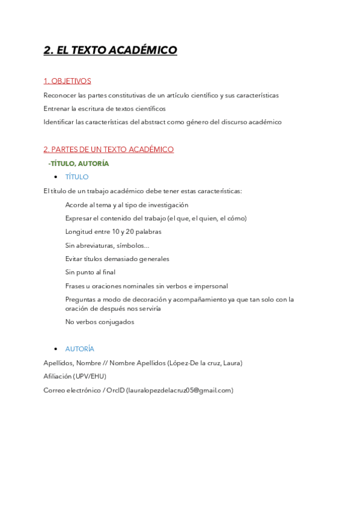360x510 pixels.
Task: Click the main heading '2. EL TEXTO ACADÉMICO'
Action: click(x=110, y=51)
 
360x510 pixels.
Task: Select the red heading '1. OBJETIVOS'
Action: click(x=67, y=81)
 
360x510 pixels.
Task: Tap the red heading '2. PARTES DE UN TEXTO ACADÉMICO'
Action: click(x=108, y=149)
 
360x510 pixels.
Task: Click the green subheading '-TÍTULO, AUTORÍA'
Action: click(x=78, y=163)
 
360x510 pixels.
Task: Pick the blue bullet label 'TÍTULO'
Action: click(x=77, y=177)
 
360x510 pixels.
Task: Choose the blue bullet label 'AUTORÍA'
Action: click(x=79, y=349)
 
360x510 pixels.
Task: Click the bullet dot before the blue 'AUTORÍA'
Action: click(x=56, y=349)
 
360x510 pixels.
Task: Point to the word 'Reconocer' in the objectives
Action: click(x=59, y=95)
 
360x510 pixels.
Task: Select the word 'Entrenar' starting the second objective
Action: click(x=56, y=109)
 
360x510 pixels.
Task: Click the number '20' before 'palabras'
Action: click(x=130, y=232)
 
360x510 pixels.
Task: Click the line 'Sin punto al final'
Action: click(x=90, y=272)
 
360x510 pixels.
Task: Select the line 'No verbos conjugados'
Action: click(x=99, y=322)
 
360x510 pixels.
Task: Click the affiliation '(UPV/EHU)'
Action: click(x=90, y=376)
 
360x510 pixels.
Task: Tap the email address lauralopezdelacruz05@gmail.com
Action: click(x=179, y=390)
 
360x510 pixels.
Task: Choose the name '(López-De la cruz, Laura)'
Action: click(x=205, y=363)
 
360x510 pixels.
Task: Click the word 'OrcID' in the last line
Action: click(x=115, y=390)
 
